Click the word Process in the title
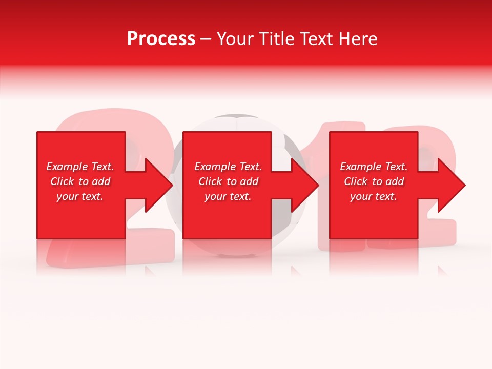coord(161,39)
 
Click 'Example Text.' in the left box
coord(80,167)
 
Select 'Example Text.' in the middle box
coord(228,167)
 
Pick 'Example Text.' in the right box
coord(374,167)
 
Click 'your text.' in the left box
coord(80,196)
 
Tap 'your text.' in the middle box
coord(228,196)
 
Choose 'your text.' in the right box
coord(374,196)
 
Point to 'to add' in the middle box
coord(242,181)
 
